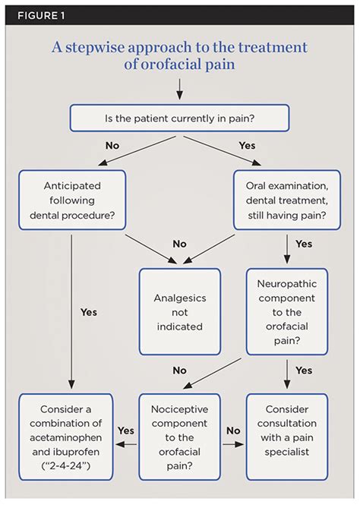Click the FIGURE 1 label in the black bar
click(41, 16)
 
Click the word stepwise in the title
click(95, 48)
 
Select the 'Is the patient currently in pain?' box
click(180, 118)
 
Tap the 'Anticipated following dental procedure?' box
click(72, 200)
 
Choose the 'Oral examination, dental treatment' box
click(287, 200)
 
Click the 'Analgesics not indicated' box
click(180, 312)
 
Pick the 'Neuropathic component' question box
click(287, 312)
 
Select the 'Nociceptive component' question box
click(180, 437)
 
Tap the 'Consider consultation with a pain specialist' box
click(287, 437)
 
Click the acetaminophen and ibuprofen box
click(66, 437)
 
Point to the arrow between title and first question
click(180, 89)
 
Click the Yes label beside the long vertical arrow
click(89, 312)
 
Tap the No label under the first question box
click(112, 145)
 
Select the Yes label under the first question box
click(247, 145)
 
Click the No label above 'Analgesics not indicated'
click(180, 244)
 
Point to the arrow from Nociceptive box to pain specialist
click(233, 444)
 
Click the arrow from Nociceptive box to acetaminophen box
click(126, 444)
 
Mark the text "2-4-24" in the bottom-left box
click(66, 465)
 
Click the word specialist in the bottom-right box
click(287, 452)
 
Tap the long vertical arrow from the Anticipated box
click(71, 311)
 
